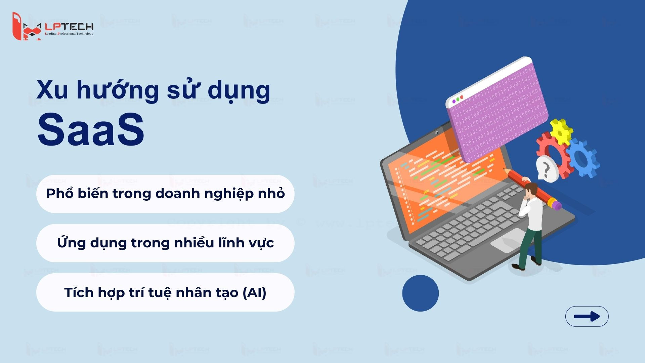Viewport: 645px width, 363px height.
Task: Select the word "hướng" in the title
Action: [118, 90]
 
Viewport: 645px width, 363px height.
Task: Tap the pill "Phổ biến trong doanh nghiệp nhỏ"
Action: [165, 194]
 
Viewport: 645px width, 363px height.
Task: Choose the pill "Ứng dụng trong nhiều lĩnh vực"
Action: [165, 243]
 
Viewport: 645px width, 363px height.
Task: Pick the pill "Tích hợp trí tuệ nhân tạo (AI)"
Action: [165, 292]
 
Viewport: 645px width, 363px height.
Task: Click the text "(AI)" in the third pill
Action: [254, 292]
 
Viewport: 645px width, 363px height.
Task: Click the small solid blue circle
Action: [420, 293]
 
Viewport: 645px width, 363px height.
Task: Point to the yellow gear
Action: [561, 132]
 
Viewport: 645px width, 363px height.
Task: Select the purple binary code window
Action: [497, 111]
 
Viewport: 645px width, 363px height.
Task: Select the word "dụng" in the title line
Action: [239, 90]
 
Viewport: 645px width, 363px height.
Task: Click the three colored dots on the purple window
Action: [458, 99]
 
